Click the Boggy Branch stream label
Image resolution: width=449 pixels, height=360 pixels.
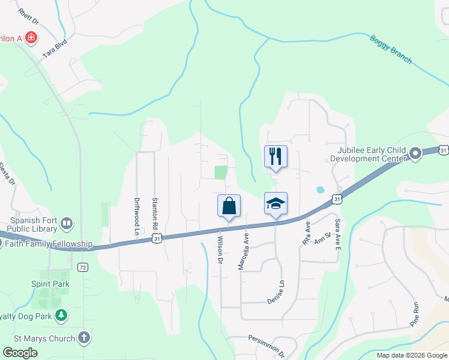391,49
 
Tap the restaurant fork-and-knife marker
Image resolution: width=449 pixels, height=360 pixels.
276,157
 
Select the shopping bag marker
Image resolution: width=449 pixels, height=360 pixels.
229,206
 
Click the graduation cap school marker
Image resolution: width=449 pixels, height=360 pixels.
276,203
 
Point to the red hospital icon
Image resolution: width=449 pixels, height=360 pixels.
30,39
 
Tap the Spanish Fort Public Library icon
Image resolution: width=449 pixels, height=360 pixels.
67,224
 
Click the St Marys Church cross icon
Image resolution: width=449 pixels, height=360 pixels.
83,338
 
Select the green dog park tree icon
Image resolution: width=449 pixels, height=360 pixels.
61,314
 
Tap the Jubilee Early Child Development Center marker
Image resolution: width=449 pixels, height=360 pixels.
415,155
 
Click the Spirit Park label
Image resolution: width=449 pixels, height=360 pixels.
50,284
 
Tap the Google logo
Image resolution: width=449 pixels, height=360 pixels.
20,353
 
